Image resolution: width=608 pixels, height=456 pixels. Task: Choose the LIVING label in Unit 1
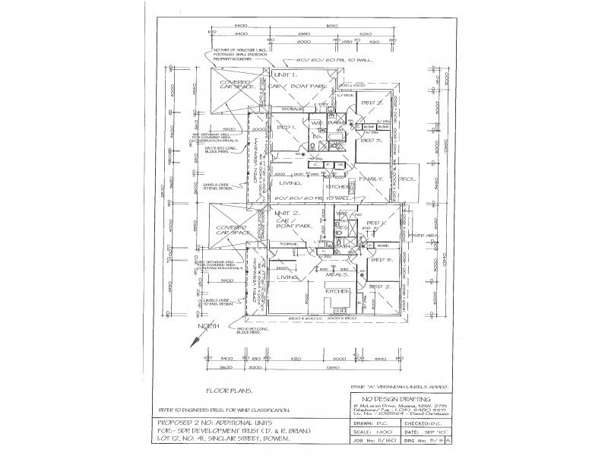click(290, 183)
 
